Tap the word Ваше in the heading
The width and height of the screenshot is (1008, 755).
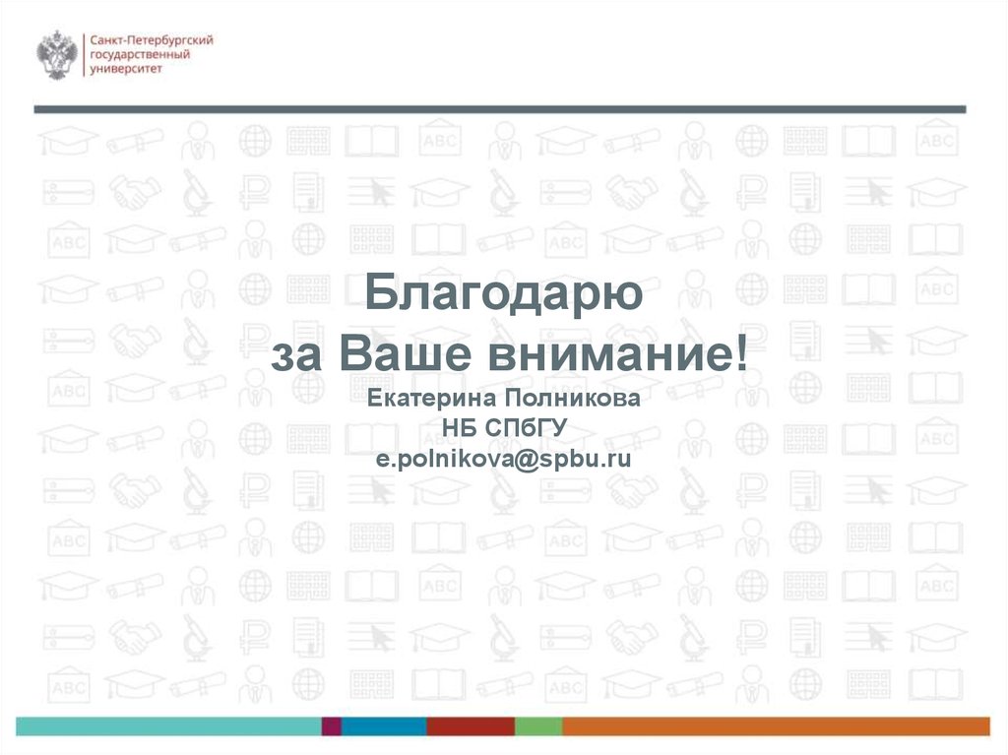pyautogui.click(x=405, y=353)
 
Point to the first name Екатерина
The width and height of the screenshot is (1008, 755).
pyautogui.click(x=432, y=399)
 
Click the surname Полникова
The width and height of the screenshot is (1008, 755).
pyautogui.click(x=572, y=399)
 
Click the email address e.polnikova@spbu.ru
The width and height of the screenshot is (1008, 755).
pyautogui.click(x=503, y=459)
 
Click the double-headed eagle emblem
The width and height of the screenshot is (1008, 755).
pyautogui.click(x=57, y=55)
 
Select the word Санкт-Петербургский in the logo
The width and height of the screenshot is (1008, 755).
pyautogui.click(x=151, y=40)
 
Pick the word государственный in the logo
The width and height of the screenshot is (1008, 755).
pyautogui.click(x=140, y=55)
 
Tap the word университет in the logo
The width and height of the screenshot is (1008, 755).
pyautogui.click(x=125, y=68)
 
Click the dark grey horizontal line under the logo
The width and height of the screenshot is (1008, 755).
pyautogui.click(x=500, y=109)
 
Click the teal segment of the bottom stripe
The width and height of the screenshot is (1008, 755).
pyautogui.click(x=168, y=726)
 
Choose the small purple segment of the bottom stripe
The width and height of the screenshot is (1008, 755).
pyautogui.click(x=331, y=726)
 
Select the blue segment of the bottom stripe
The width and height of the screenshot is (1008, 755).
pyautogui.click(x=384, y=726)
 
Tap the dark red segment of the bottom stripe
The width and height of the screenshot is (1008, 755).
pyautogui.click(x=471, y=726)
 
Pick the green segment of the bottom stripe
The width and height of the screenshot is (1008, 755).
pyautogui.click(x=538, y=726)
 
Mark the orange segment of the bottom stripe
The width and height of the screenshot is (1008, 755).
pyautogui.click(x=776, y=726)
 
